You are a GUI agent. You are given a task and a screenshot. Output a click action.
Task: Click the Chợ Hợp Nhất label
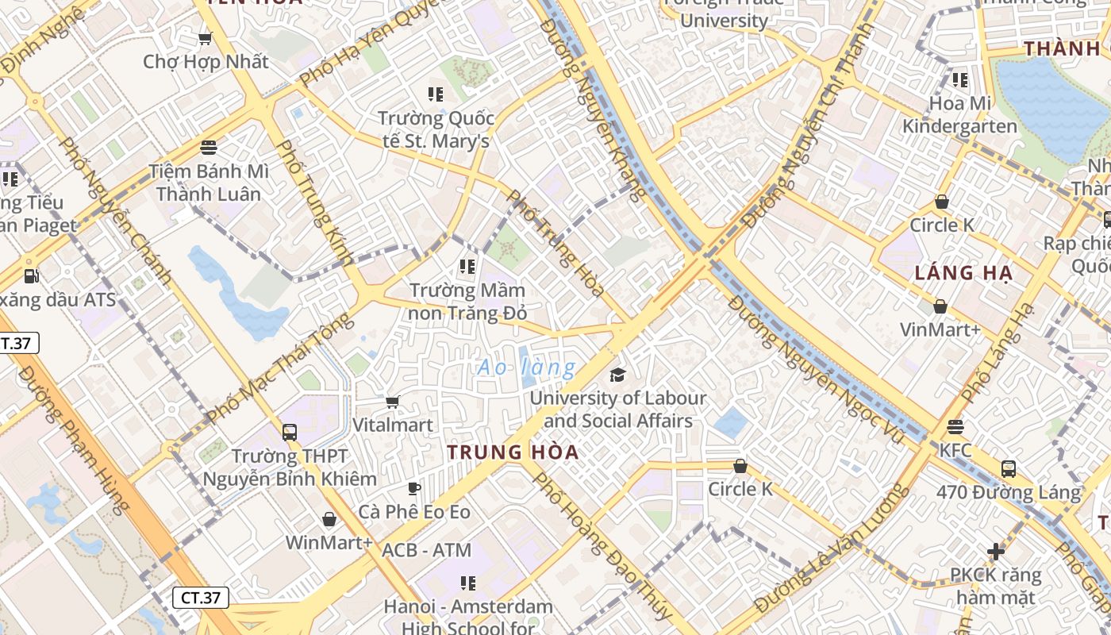click(x=206, y=61)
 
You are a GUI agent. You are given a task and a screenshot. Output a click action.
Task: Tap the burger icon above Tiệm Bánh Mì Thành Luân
click(x=209, y=147)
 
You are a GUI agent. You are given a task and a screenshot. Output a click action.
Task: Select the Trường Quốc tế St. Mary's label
click(x=436, y=129)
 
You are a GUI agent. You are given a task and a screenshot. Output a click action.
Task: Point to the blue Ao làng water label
click(x=526, y=368)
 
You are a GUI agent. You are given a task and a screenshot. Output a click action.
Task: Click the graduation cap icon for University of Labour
click(x=617, y=375)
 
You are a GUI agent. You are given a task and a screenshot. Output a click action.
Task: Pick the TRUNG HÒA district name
click(x=513, y=452)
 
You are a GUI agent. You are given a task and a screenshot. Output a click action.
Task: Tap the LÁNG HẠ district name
click(x=963, y=274)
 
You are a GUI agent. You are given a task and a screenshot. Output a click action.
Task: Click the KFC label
click(x=955, y=450)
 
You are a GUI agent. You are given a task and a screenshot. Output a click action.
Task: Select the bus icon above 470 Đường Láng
click(x=1008, y=468)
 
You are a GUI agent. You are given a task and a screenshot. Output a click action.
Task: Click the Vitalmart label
click(x=393, y=425)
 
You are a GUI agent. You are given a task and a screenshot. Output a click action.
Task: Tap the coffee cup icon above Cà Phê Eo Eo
click(x=413, y=488)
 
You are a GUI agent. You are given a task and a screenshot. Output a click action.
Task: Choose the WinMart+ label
click(x=329, y=542)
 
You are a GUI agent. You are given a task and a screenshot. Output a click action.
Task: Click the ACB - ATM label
click(x=426, y=550)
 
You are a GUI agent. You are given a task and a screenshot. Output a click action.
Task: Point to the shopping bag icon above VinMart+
click(x=940, y=306)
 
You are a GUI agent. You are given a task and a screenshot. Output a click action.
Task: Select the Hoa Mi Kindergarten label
click(x=959, y=114)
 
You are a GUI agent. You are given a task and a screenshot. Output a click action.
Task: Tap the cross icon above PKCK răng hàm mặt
click(x=996, y=551)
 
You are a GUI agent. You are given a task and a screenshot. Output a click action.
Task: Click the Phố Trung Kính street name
click(x=314, y=202)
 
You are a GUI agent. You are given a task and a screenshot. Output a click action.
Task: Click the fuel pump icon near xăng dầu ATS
click(x=31, y=276)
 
